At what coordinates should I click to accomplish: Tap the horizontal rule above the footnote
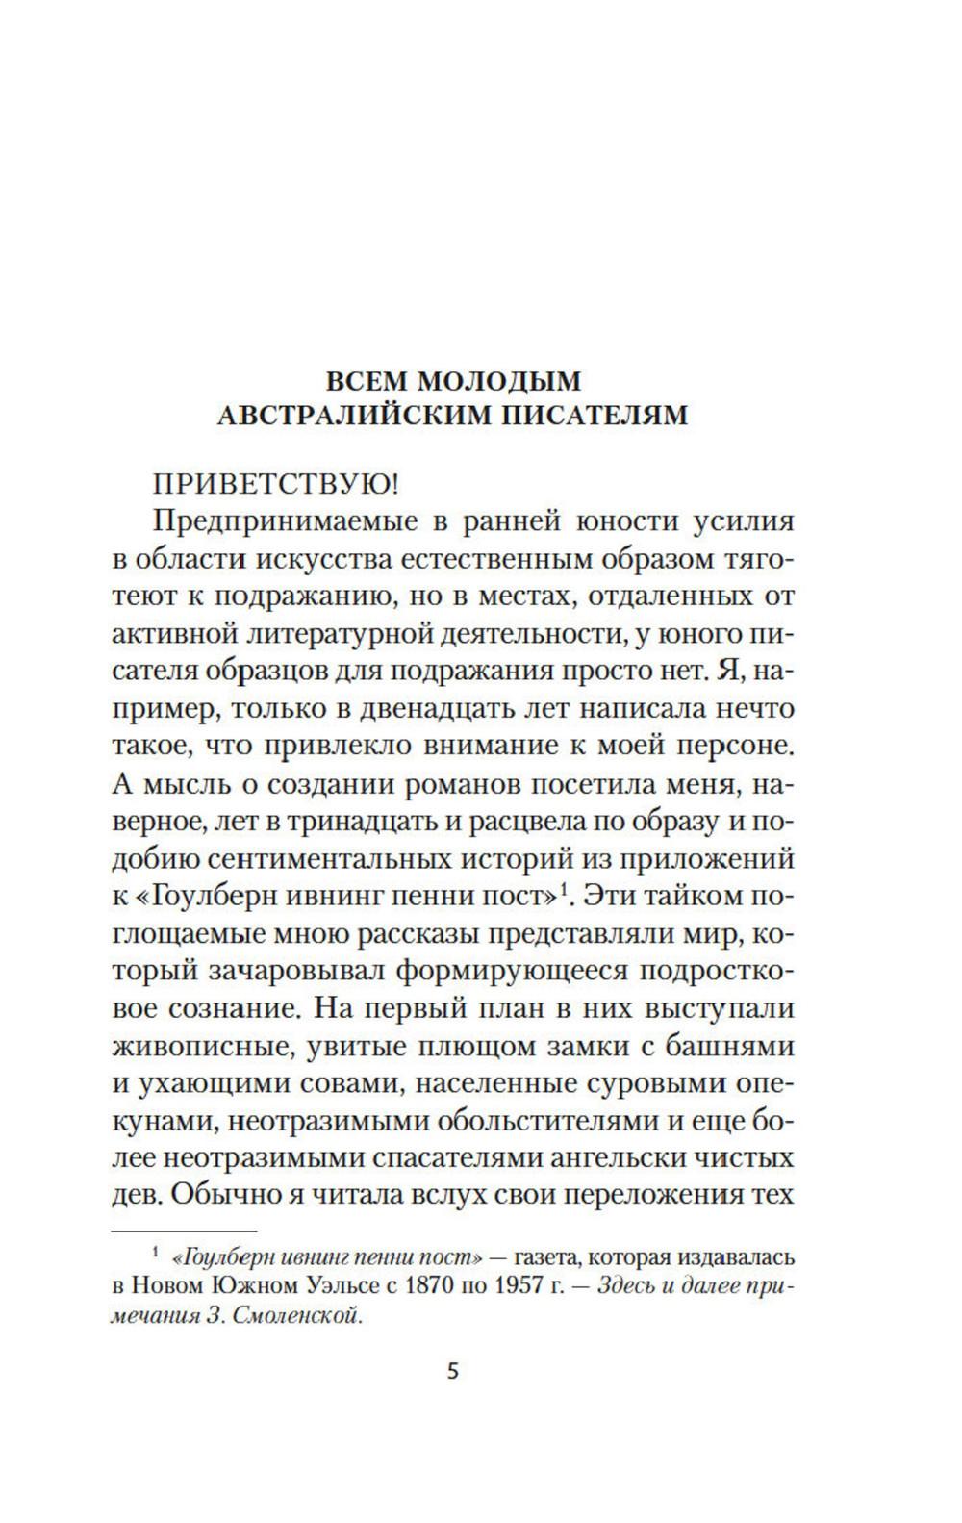185,1231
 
